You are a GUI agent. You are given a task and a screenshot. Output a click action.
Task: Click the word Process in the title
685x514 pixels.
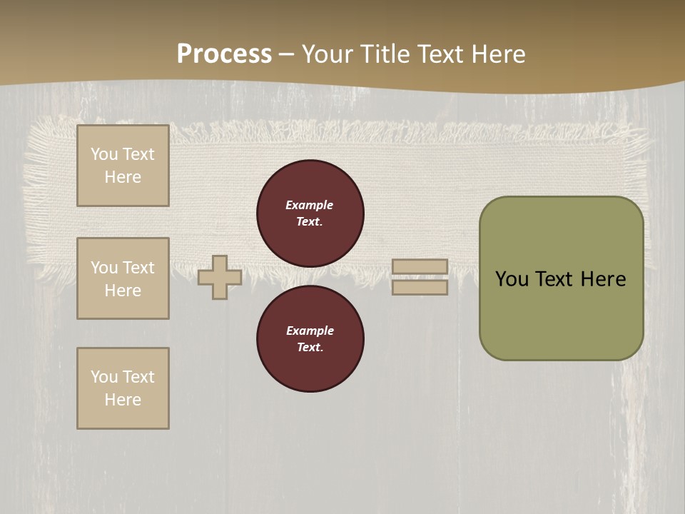click(224, 54)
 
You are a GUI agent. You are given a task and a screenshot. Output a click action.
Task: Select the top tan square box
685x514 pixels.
click(123, 166)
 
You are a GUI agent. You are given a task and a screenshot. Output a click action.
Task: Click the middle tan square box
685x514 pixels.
click(123, 278)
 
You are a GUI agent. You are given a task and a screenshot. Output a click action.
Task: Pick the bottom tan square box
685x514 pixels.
click(123, 388)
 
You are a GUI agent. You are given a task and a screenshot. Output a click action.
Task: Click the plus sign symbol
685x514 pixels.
click(220, 277)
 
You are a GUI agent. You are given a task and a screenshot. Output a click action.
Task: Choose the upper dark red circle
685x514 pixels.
click(310, 213)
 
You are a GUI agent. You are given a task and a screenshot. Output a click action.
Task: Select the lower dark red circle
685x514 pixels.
click(310, 339)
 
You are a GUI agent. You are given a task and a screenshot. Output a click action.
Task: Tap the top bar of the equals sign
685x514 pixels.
click(420, 266)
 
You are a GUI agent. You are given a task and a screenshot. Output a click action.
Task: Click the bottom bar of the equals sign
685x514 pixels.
click(420, 287)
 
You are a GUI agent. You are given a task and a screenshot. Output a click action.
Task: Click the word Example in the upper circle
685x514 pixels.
click(310, 205)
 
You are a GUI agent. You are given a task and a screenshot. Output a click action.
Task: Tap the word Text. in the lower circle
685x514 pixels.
click(310, 348)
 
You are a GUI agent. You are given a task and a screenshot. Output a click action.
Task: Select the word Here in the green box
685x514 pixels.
click(603, 279)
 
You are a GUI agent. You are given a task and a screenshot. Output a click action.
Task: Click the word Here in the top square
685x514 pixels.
click(123, 177)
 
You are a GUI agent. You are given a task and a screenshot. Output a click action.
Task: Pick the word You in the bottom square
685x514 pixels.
click(104, 377)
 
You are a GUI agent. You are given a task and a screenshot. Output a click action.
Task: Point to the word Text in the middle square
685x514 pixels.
click(138, 268)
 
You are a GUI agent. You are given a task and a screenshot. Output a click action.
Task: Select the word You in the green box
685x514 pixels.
click(512, 279)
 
